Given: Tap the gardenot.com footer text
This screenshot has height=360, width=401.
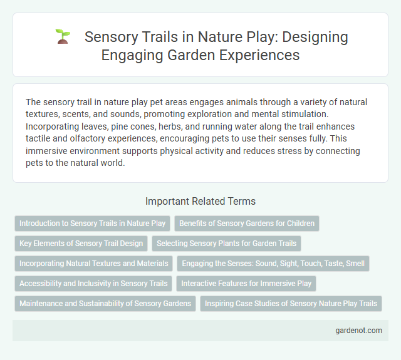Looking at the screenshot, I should click(x=358, y=331).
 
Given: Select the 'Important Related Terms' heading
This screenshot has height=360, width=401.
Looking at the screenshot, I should click(x=200, y=201).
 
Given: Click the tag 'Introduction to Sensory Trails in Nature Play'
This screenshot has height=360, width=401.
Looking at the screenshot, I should click(x=93, y=223).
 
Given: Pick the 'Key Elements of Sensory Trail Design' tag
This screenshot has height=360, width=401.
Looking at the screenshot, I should click(x=80, y=244).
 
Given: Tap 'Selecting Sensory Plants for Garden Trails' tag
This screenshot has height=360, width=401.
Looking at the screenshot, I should click(x=226, y=244).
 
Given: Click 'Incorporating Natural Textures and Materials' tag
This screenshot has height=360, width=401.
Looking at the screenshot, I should click(x=93, y=264).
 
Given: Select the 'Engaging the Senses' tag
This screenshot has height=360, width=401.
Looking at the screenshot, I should click(x=273, y=264).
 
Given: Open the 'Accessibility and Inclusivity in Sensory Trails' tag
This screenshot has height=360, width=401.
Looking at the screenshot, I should click(x=93, y=284).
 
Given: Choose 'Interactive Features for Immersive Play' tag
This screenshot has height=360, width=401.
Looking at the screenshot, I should click(x=246, y=284).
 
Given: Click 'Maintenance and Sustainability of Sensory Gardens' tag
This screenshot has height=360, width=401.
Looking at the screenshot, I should click(x=105, y=304).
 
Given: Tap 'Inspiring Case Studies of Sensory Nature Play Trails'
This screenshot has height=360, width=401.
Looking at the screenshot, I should click(x=291, y=304).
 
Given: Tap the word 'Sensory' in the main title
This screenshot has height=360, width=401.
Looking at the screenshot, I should click(x=110, y=36).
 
